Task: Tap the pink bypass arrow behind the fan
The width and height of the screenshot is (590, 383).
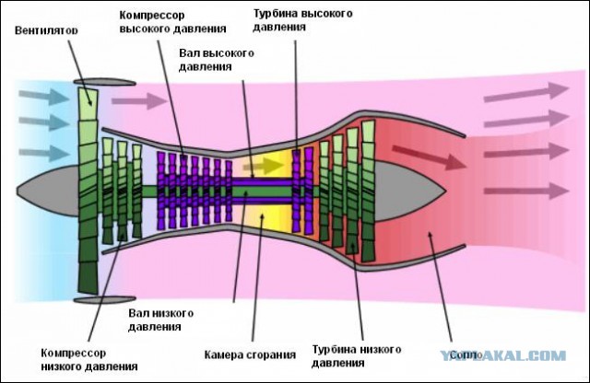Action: [x=151, y=99]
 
